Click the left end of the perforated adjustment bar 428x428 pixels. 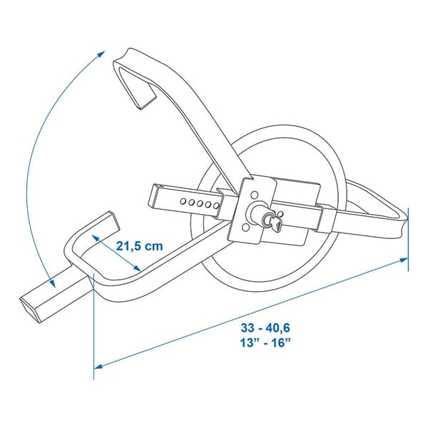point(153,193)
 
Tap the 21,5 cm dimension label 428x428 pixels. point(140,245)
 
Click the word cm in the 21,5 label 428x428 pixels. point(153,245)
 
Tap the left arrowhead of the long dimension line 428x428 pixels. point(100,365)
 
